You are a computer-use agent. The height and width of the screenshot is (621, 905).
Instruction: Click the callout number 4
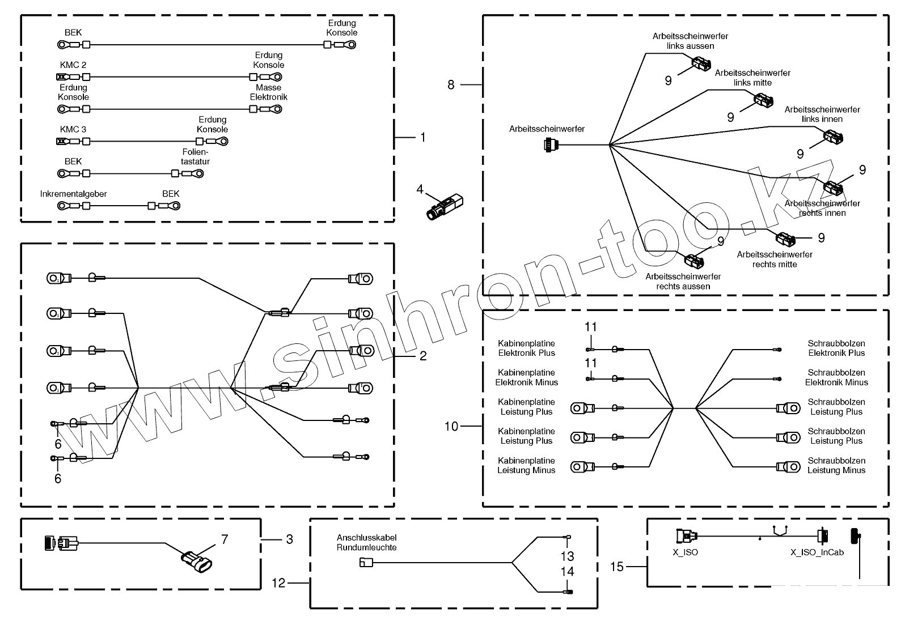tap(420, 189)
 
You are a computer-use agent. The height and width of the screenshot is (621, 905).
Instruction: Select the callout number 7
tap(225, 539)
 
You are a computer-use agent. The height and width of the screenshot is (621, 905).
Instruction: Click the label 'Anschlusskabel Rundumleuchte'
tap(366, 542)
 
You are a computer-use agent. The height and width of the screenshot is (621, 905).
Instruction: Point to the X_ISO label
tap(687, 552)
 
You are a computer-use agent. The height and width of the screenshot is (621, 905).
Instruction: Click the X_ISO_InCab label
tap(817, 552)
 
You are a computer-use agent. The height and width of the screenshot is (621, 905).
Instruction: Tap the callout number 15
tap(616, 566)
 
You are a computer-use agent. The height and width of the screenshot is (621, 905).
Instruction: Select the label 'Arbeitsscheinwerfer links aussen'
tap(690, 41)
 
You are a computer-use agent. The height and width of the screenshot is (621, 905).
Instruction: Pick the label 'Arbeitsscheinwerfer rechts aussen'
tap(683, 281)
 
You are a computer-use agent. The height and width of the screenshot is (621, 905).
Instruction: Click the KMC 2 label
tap(73, 65)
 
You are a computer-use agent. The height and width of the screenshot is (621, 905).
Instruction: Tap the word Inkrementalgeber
tap(74, 194)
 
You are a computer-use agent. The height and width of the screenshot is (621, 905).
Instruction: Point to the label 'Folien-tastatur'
tap(195, 156)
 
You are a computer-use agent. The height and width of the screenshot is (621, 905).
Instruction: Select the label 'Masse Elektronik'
tap(268, 92)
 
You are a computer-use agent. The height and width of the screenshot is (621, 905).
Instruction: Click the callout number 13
tap(567, 556)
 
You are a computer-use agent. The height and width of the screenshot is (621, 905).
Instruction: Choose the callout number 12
tap(278, 582)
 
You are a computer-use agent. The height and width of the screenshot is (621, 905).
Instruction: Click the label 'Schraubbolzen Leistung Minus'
tap(836, 465)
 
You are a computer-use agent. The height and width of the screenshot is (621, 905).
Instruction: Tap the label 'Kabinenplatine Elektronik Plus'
tap(526, 348)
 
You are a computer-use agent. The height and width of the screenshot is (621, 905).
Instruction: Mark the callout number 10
tap(451, 426)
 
